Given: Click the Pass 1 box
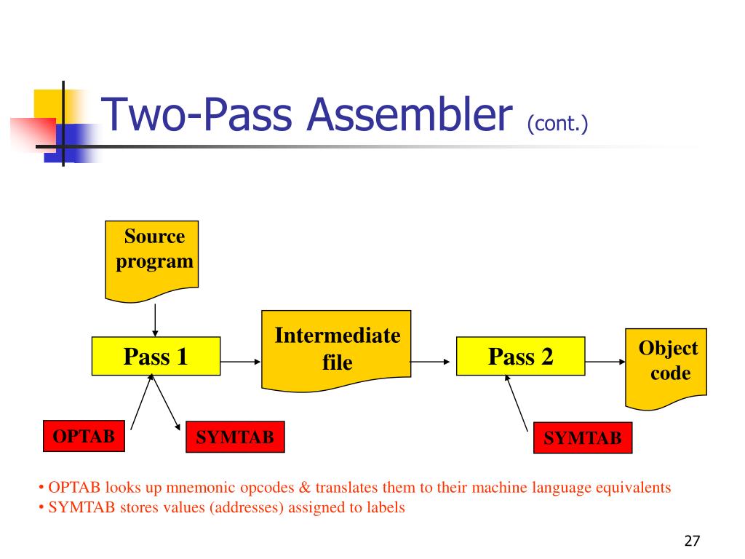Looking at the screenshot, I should point(156,356).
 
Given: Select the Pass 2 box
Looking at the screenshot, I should point(520,356).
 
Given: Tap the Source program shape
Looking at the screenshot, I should point(151,258).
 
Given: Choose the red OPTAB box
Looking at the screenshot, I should point(83,437).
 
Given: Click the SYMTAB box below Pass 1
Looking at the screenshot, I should point(236,437).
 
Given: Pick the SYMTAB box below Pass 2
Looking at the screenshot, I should point(583,437).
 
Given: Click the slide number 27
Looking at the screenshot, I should point(691,541).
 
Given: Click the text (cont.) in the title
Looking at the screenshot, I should point(557,124).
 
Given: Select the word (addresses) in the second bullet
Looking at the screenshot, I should point(247,508).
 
